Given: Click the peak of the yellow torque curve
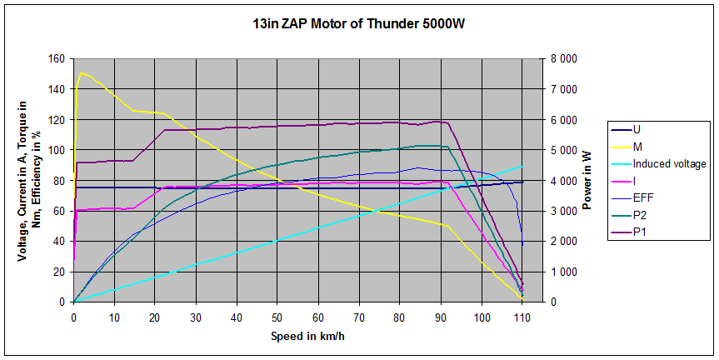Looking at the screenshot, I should [80, 72].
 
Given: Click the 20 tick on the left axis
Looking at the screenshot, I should [57, 272].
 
